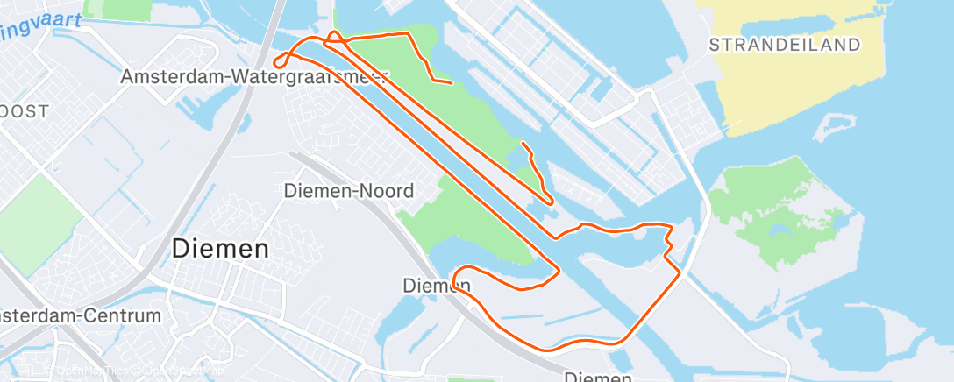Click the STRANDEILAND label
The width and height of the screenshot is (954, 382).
(x=784, y=45)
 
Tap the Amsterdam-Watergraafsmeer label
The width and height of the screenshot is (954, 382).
(x=255, y=77)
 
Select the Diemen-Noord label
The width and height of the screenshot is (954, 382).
(x=349, y=190)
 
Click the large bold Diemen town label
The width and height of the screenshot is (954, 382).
(x=220, y=248)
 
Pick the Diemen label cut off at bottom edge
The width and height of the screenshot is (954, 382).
(x=597, y=377)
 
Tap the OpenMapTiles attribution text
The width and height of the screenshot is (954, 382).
(x=93, y=371)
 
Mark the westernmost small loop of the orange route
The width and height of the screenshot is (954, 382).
(x=280, y=60)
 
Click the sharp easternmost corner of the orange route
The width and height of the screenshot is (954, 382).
(x=680, y=274)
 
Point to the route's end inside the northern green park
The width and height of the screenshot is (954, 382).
(x=451, y=83)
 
